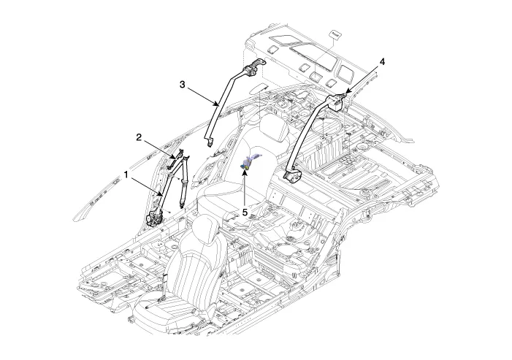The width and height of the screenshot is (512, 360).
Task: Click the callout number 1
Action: click(x=126, y=176)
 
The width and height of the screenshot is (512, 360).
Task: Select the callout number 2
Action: click(x=138, y=137)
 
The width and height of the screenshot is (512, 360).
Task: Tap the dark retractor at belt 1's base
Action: click(x=155, y=217)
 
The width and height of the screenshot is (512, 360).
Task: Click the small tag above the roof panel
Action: click(x=337, y=34)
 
